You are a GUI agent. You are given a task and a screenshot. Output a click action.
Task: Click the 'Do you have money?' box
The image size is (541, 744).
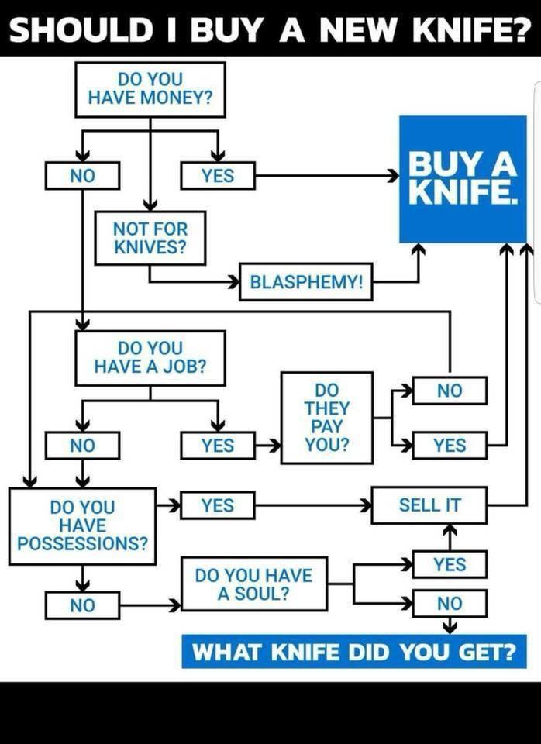(x=150, y=89)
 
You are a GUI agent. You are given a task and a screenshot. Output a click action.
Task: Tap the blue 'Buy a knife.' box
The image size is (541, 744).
(x=463, y=178)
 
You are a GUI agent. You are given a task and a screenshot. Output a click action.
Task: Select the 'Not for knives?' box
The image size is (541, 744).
(x=150, y=238)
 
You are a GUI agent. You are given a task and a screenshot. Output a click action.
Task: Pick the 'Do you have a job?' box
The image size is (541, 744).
(x=150, y=357)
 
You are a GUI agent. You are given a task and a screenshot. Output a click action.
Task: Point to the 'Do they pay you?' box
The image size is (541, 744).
(x=326, y=417)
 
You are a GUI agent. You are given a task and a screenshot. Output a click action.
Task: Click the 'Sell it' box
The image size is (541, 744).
(x=429, y=505)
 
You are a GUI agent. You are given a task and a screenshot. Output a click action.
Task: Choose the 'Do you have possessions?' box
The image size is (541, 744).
(x=82, y=525)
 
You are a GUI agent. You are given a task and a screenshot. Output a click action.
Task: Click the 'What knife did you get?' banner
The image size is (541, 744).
(x=353, y=650)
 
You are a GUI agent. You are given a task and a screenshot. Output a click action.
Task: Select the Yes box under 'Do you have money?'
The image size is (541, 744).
(x=218, y=176)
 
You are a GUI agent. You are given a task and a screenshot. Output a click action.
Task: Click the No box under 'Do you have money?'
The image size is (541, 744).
(x=82, y=176)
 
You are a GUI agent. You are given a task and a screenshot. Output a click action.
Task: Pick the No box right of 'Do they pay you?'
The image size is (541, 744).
(x=450, y=391)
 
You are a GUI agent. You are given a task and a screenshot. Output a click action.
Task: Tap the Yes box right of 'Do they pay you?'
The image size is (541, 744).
(x=450, y=446)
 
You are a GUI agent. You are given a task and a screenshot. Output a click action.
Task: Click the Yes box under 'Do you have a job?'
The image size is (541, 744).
(x=218, y=446)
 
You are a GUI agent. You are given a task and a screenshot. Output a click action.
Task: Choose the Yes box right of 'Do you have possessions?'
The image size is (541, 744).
(x=218, y=505)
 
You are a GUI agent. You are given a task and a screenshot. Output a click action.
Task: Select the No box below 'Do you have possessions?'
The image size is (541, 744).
(x=82, y=604)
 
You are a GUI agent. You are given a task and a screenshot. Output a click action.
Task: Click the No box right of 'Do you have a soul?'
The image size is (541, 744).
(x=450, y=603)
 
